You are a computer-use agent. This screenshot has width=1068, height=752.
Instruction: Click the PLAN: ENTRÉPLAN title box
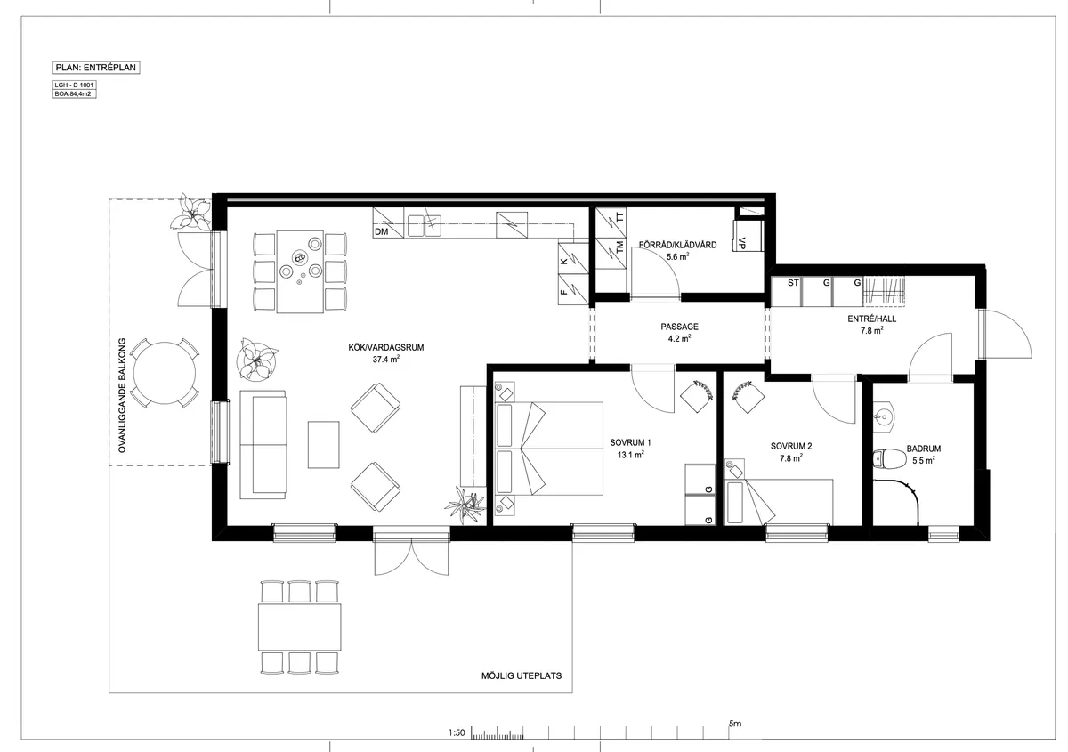97,67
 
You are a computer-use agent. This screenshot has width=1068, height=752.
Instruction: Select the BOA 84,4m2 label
75,93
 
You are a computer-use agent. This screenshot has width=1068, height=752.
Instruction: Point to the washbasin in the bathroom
884,414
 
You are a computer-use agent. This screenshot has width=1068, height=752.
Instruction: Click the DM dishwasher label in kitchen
382,232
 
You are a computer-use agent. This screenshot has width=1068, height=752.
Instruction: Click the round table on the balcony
164,372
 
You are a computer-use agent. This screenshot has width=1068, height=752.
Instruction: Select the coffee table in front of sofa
324,444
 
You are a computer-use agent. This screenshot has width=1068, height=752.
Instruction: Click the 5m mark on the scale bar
734,724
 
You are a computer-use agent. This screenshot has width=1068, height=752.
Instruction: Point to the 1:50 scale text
457,733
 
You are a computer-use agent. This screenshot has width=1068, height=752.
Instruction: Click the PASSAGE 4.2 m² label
679,332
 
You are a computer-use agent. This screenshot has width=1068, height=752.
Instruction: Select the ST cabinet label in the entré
792,282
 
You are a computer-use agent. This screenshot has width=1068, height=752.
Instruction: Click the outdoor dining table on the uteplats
300,627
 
